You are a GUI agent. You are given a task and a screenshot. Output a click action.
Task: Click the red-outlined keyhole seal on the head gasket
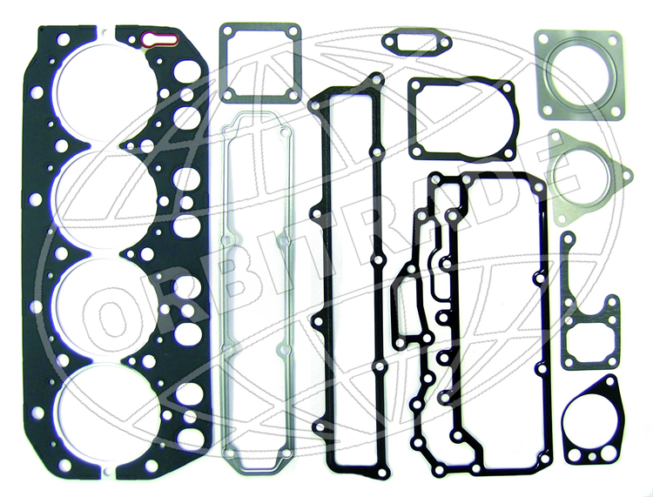[x=160, y=39]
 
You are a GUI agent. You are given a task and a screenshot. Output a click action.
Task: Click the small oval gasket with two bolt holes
[x=416, y=42]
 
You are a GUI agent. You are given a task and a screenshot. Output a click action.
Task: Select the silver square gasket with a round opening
[x=579, y=76]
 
